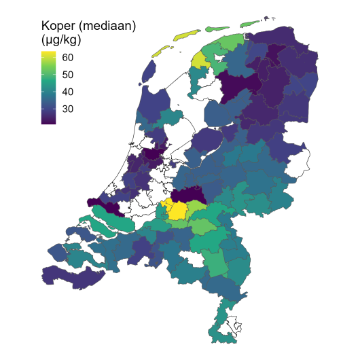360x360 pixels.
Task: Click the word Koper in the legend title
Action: (58, 28)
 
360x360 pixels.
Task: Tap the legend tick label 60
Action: (69, 58)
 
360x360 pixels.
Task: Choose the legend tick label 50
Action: (69, 75)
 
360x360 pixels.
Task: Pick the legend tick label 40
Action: (69, 92)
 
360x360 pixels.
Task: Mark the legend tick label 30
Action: (69, 109)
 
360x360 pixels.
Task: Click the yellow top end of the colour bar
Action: (49, 54)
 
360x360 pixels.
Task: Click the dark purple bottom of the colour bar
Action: (49, 121)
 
